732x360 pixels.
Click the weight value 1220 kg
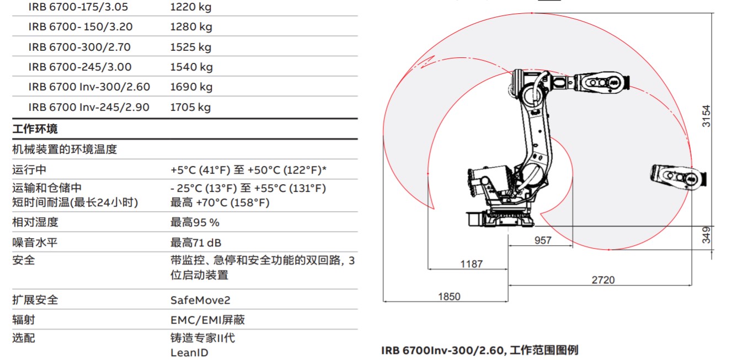[x=190, y=7]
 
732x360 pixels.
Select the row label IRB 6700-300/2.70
[x=79, y=47]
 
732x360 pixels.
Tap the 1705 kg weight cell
[x=190, y=107]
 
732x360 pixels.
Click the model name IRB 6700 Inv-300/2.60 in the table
[x=89, y=87]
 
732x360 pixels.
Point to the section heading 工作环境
[x=35, y=129]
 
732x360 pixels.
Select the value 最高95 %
[x=195, y=222]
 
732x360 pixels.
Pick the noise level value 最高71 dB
[x=196, y=243]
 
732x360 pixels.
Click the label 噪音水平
[x=35, y=243]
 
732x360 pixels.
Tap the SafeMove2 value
[x=200, y=300]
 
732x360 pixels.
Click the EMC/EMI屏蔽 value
[x=207, y=320]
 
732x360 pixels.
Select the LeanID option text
[x=189, y=352]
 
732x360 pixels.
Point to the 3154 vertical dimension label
[x=706, y=116]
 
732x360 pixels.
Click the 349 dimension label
[x=707, y=235]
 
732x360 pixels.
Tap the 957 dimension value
[x=543, y=240]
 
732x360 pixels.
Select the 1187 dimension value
[x=471, y=264]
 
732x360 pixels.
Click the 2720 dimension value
[x=603, y=280]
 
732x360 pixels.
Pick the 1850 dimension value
[x=449, y=297]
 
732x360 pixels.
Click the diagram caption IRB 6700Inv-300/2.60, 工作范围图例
[x=479, y=350]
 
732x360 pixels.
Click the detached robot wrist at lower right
[x=677, y=177]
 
